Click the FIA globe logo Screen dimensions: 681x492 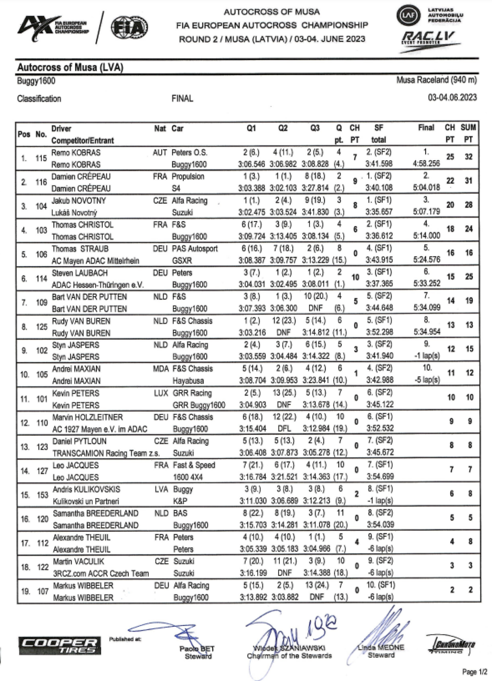(x=129, y=28)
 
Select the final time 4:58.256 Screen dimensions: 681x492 (x=426, y=164)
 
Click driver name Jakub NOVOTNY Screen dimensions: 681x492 (x=79, y=201)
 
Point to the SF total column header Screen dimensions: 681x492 (x=379, y=134)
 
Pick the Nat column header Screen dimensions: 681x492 (x=160, y=128)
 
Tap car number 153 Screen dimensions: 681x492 (x=42, y=495)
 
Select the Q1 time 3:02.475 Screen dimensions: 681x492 (x=252, y=212)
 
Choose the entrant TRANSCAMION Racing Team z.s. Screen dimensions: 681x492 (x=106, y=453)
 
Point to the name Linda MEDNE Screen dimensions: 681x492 (x=381, y=647)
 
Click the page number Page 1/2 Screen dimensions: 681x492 (x=474, y=672)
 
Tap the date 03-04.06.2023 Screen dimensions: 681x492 (x=452, y=98)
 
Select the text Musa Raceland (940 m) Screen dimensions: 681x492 (x=437, y=80)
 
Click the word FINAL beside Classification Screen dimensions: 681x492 (x=182, y=99)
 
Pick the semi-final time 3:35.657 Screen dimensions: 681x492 (x=379, y=212)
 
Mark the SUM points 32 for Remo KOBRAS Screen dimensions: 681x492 (x=469, y=157)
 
